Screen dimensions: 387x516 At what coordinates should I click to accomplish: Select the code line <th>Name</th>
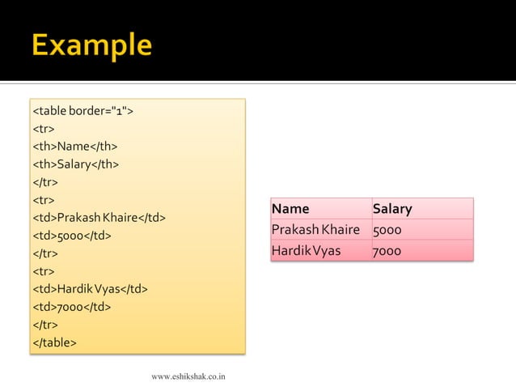(x=74, y=147)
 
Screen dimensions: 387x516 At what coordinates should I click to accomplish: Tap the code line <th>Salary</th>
(x=75, y=164)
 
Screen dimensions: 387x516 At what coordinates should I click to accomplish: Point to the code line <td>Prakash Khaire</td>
(x=99, y=218)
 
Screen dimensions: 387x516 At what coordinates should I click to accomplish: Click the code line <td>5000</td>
(x=71, y=236)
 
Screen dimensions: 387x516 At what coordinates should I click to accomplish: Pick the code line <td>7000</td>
(x=71, y=307)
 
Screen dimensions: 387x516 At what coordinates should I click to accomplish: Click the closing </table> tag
(x=54, y=342)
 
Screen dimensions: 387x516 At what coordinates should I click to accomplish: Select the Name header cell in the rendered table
(x=290, y=209)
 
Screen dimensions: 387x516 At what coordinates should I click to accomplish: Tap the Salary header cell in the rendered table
(x=392, y=209)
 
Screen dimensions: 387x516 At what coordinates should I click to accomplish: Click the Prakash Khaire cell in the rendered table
(x=315, y=230)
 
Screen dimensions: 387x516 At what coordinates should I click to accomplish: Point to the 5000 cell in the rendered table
(x=387, y=230)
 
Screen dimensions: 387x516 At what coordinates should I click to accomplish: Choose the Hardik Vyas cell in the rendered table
(x=307, y=251)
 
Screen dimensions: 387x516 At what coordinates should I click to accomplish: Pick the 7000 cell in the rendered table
(x=387, y=251)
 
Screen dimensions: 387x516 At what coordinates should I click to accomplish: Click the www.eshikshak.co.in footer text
(x=188, y=376)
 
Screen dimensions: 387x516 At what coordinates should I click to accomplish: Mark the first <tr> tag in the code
(x=44, y=129)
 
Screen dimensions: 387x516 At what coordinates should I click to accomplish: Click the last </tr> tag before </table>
(x=45, y=325)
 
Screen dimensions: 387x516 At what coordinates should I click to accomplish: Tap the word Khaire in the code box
(x=120, y=218)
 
